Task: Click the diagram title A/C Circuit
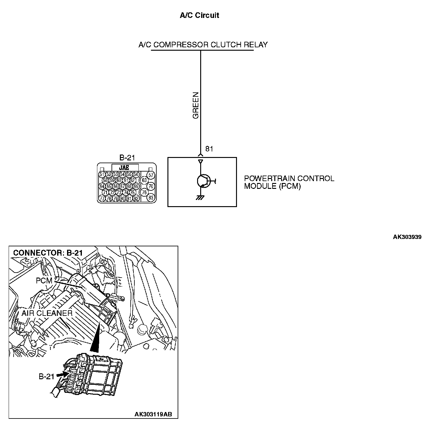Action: coord(199,15)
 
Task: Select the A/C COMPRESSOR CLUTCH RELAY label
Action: coord(203,45)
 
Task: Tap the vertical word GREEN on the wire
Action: coord(196,105)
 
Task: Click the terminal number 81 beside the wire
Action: coord(209,149)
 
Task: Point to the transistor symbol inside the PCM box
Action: coord(203,181)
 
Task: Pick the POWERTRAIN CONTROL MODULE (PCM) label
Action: coord(289,182)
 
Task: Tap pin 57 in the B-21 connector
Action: coord(150,175)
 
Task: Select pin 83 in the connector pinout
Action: coord(151,198)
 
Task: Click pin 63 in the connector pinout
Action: coord(144,180)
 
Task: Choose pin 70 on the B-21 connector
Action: coord(151,186)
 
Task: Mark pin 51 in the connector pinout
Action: coord(102,174)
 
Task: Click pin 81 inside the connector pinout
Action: coord(129,198)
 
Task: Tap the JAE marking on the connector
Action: coord(124,168)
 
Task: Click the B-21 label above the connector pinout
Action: coord(127,158)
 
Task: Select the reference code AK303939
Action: coord(407,237)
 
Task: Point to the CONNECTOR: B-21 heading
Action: coord(48,253)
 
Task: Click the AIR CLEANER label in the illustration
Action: coord(47,313)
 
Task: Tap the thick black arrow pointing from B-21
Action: coord(62,374)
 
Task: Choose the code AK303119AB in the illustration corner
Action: coord(153,414)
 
